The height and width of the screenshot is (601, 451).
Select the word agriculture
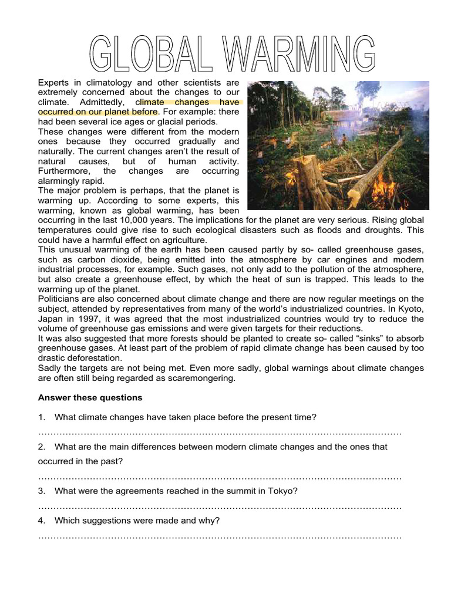(x=181, y=239)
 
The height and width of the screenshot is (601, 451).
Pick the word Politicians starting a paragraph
(x=62, y=299)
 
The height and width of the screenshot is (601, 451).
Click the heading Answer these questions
(x=90, y=397)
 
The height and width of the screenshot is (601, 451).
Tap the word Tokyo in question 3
(x=284, y=490)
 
